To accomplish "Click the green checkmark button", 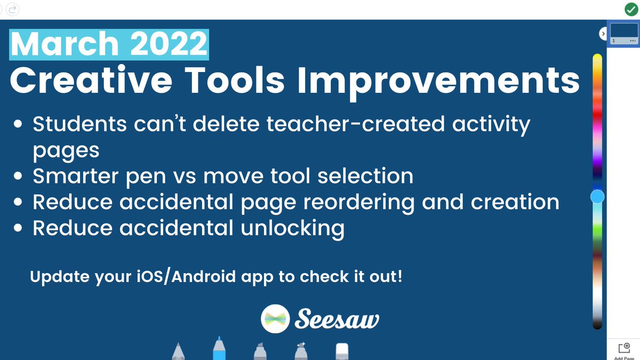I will (631, 9).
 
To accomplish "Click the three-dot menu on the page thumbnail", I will (633, 41).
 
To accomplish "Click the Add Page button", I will (623, 350).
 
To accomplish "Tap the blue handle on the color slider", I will (597, 197).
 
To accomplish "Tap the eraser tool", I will (342, 351).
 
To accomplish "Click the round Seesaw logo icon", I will (275, 319).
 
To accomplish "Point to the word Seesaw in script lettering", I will (337, 319).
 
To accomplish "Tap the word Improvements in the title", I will (438, 80).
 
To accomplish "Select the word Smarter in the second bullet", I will (81, 176).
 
